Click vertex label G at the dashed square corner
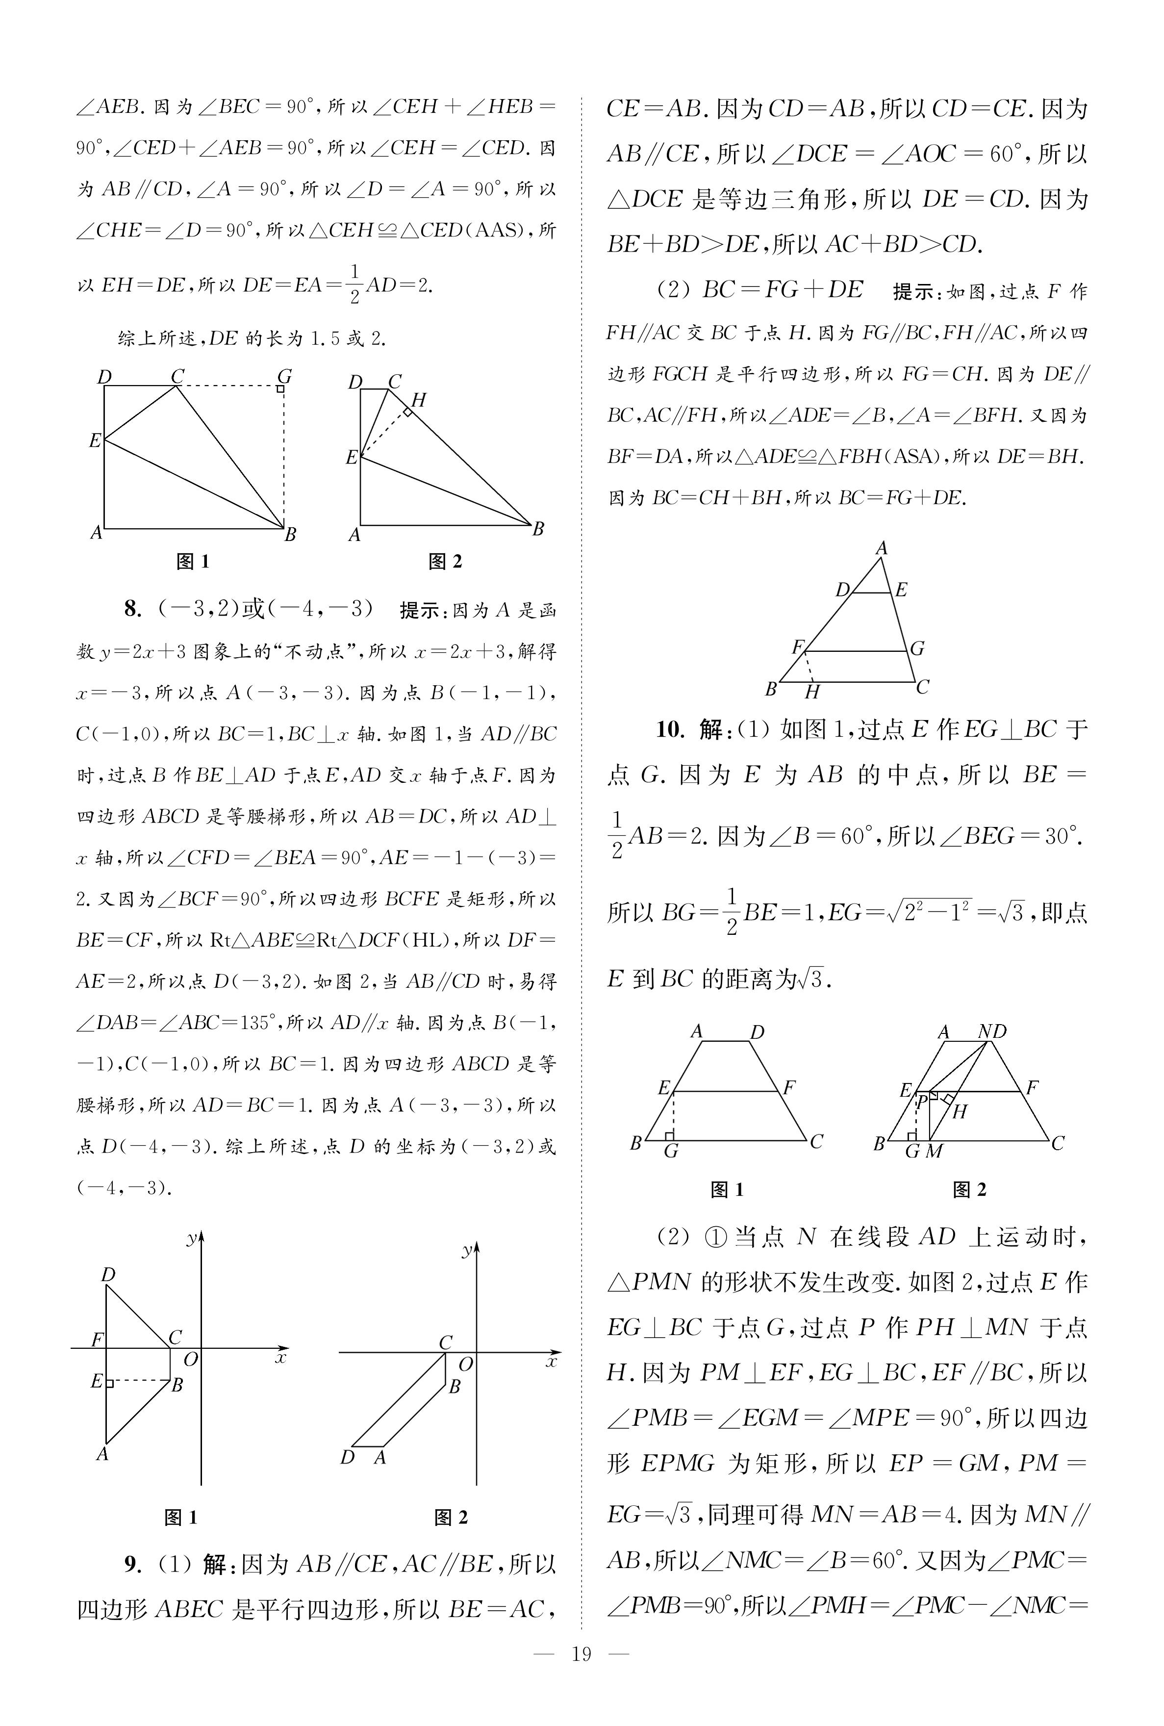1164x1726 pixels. click(x=283, y=376)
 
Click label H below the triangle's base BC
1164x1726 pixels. click(x=812, y=693)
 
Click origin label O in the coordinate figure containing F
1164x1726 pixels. click(x=191, y=1359)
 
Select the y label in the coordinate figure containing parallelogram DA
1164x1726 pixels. click(x=467, y=1251)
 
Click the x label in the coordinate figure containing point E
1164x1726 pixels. click(x=280, y=1358)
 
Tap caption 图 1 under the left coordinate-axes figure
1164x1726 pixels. click(x=180, y=1518)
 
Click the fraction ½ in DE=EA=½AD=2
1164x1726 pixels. click(x=354, y=285)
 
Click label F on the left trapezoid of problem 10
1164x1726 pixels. click(x=789, y=1087)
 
